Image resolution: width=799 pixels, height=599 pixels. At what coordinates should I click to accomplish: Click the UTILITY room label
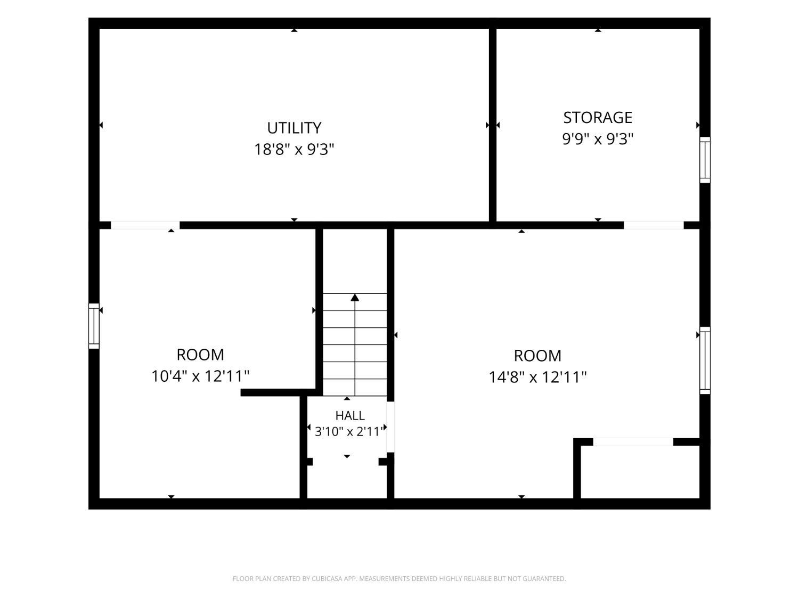294,128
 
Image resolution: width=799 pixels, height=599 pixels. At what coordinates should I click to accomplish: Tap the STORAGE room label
598,118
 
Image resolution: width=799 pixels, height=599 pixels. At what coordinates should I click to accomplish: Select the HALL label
350,415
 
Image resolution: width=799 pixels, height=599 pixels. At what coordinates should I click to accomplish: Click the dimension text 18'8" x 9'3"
294,150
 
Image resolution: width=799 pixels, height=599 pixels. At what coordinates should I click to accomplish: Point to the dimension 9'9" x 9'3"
598,139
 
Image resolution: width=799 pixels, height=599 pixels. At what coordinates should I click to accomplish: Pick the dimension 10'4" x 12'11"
200,376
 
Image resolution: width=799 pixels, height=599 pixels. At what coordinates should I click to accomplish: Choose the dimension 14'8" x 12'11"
537,377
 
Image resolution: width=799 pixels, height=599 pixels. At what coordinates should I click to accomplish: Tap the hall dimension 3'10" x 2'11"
349,432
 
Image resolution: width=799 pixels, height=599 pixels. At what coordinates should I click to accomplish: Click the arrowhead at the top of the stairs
355,298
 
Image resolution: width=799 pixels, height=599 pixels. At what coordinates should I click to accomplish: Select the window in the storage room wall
705,160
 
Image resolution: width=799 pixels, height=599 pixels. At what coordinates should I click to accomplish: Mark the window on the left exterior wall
94,326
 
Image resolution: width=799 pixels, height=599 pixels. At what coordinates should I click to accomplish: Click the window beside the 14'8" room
705,360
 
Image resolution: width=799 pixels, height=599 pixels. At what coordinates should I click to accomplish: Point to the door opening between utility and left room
145,225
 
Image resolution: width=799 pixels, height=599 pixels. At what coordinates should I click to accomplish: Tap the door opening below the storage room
654,225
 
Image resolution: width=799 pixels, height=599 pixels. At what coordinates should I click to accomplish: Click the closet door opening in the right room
633,442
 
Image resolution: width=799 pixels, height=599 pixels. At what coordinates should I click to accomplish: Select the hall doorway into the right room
390,427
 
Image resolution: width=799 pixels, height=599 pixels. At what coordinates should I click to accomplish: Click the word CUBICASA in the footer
327,578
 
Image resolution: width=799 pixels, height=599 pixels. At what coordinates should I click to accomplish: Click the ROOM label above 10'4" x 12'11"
200,355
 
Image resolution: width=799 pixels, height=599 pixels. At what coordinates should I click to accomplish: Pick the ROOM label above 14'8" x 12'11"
537,356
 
